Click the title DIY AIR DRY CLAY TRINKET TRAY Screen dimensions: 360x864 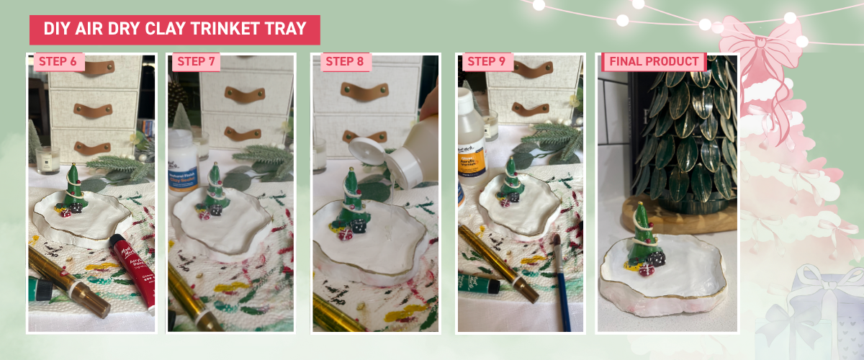(174, 30)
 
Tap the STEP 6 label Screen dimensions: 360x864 (58, 61)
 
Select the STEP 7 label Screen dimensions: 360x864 (196, 61)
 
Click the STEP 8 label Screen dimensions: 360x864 (344, 61)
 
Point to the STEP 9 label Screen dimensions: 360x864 (486, 61)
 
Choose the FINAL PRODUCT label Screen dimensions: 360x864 (654, 61)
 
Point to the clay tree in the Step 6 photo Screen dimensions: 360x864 (73, 185)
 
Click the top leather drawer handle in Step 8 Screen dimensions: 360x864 (364, 91)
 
